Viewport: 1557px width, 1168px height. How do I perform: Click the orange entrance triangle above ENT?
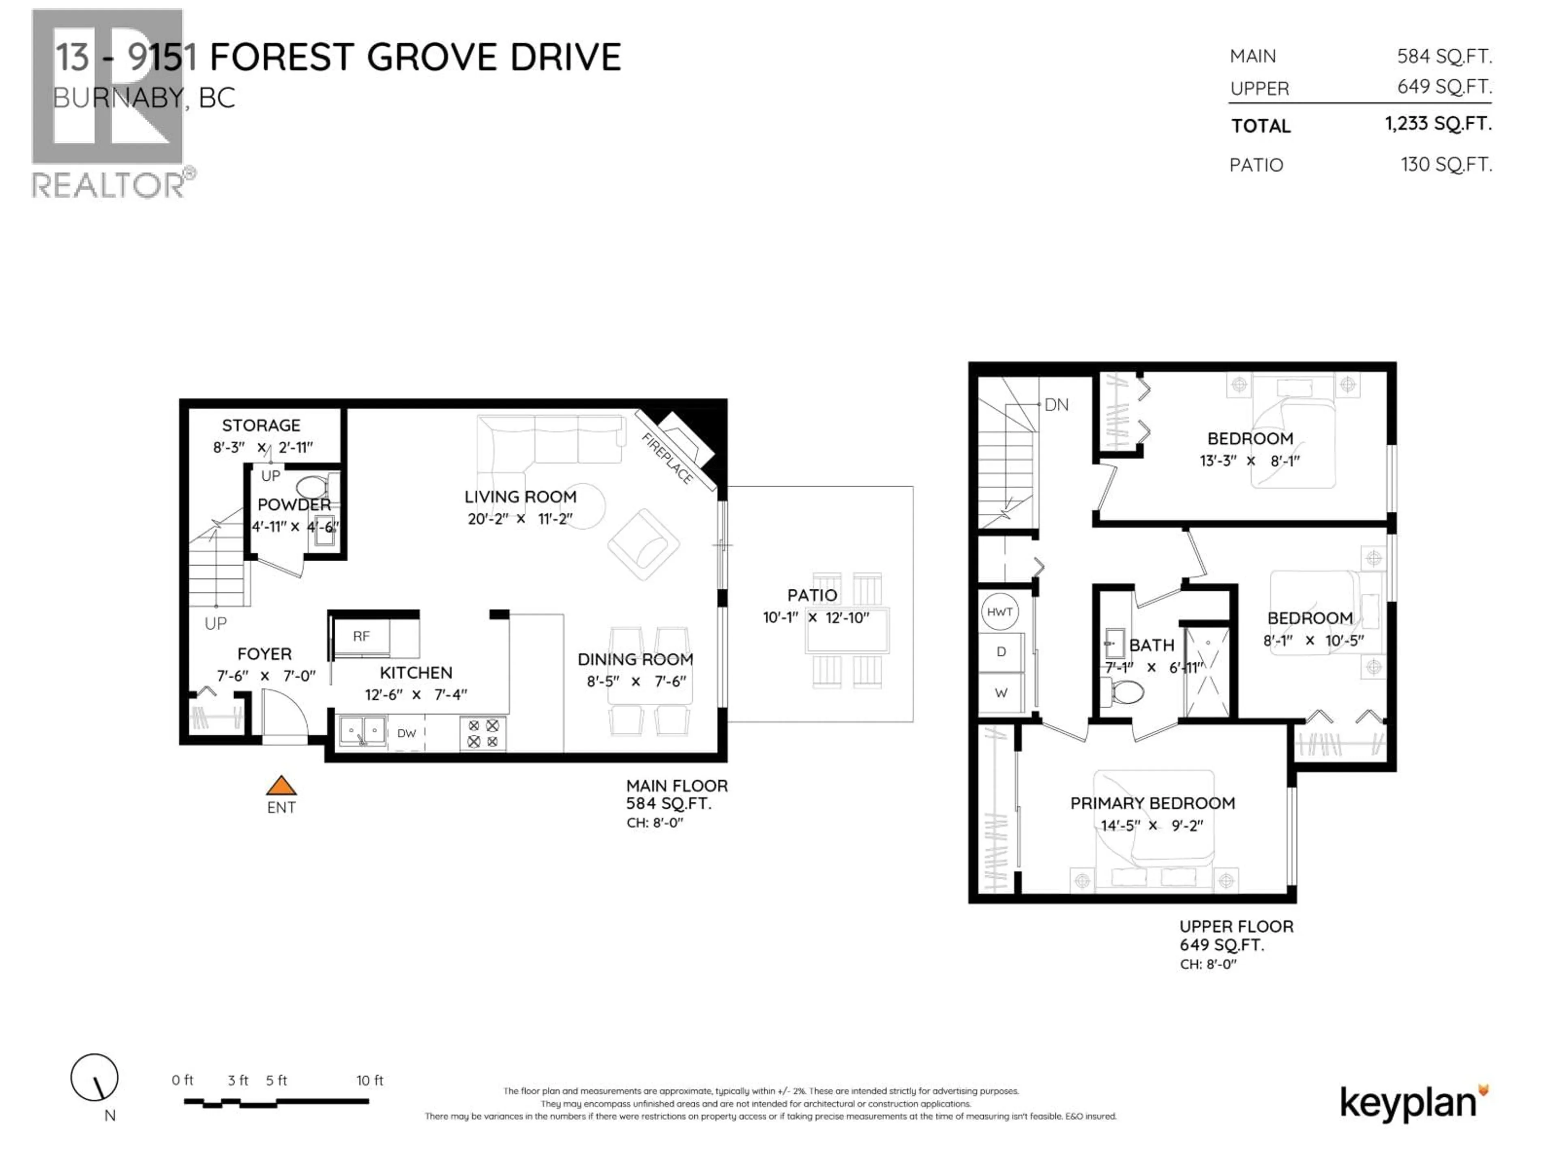[x=281, y=786]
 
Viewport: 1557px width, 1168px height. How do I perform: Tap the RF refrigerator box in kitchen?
[x=361, y=636]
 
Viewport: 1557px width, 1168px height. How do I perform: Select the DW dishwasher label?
[x=407, y=733]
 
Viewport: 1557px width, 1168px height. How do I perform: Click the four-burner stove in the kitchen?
[x=483, y=733]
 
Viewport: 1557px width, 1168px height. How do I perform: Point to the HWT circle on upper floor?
[x=999, y=612]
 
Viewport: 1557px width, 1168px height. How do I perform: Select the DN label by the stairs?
[x=1056, y=405]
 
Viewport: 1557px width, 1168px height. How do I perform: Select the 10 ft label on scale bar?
[x=369, y=1080]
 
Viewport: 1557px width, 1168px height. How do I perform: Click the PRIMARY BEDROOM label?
[x=1152, y=803]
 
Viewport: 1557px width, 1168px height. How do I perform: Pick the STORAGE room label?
[x=261, y=425]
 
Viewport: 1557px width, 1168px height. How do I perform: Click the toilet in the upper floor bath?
[x=1124, y=692]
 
